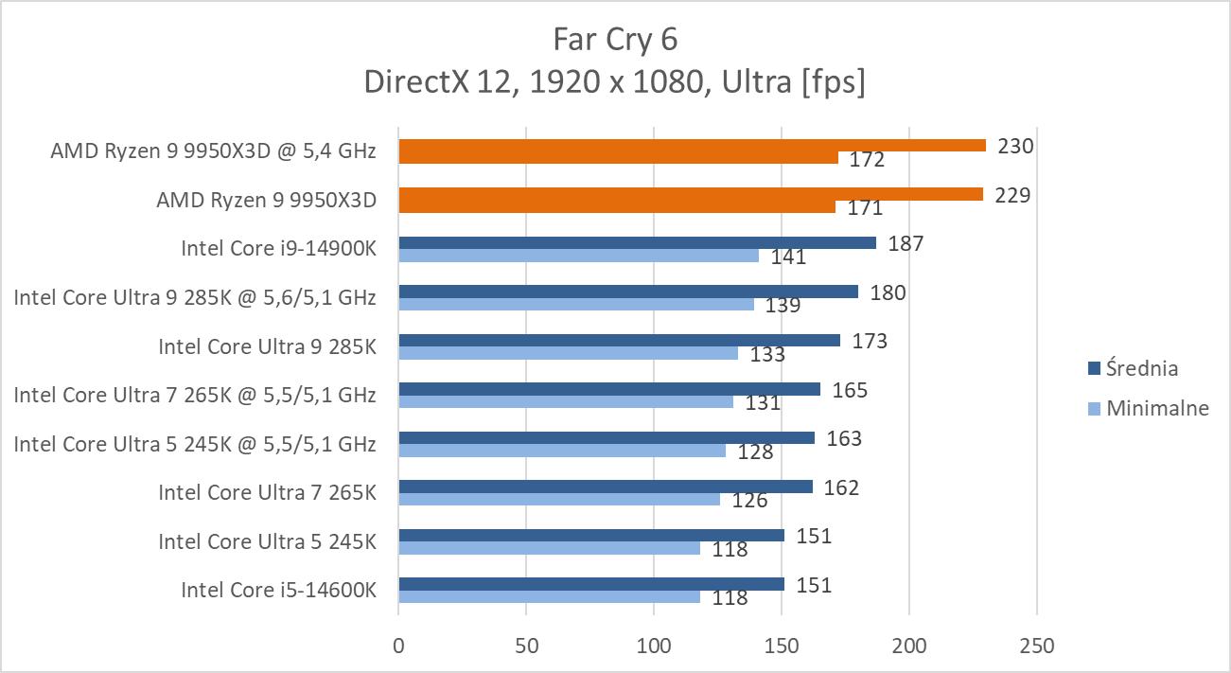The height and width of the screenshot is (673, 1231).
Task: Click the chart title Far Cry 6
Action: point(615,40)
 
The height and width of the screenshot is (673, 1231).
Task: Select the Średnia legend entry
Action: point(1140,368)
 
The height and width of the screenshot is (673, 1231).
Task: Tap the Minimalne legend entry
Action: point(1149,409)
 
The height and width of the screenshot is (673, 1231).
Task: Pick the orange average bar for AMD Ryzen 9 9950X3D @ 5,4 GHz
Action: point(692,146)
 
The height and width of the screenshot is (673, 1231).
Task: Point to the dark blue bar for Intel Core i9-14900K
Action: point(637,242)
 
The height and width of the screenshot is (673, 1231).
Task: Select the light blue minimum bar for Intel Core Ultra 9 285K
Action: point(568,353)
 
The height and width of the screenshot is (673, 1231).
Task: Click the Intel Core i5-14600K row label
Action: point(279,590)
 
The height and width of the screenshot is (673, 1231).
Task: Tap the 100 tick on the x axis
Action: point(654,646)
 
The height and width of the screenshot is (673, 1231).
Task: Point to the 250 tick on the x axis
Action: point(1037,646)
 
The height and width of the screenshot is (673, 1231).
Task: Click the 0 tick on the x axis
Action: point(398,646)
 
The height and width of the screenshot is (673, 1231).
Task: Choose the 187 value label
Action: point(906,243)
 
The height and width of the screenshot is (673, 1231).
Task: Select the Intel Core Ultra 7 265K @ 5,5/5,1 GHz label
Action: point(195,393)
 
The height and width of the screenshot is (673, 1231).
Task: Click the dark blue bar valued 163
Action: point(607,437)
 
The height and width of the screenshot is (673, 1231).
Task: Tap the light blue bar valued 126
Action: point(559,499)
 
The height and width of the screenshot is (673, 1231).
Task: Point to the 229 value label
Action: point(1012,195)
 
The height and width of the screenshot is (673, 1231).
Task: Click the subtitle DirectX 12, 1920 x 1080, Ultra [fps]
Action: point(615,82)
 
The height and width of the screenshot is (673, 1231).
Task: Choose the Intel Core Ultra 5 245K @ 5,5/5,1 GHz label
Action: point(195,442)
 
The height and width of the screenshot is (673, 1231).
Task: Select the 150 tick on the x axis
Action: point(782,646)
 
